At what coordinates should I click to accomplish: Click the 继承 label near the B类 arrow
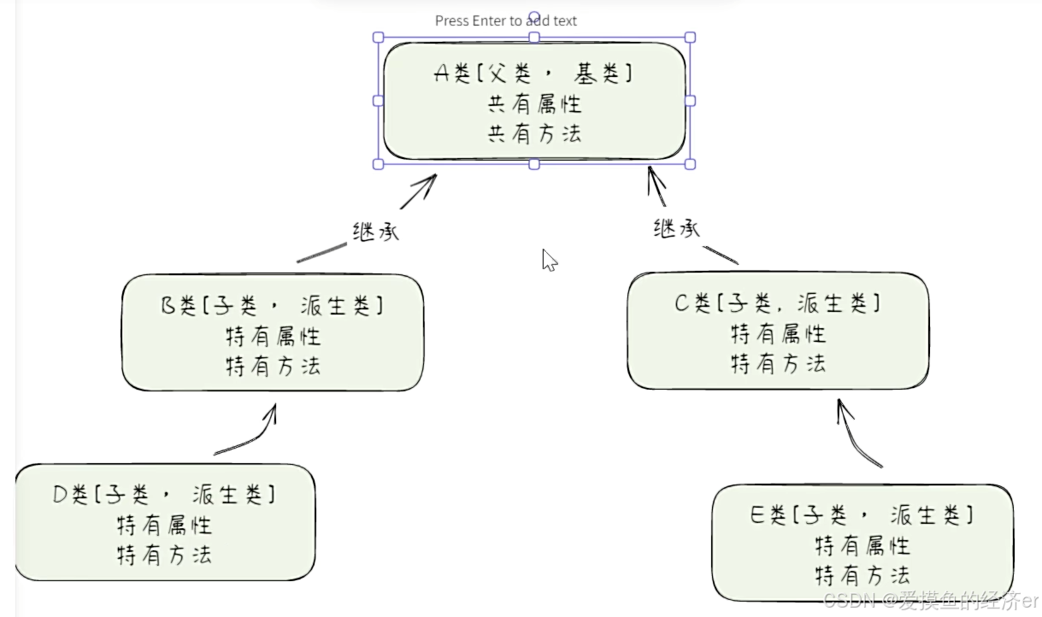[x=375, y=232]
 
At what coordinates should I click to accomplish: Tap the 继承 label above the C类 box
[x=676, y=228]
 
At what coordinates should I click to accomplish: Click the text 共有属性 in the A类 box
[x=534, y=104]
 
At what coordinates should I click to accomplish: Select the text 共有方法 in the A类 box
[x=534, y=133]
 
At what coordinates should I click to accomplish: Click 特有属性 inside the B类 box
[x=273, y=335]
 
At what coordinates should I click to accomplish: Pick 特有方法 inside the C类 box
[x=778, y=363]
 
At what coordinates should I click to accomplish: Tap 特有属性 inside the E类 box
[x=862, y=544]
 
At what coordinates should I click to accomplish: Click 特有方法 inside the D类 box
[x=165, y=555]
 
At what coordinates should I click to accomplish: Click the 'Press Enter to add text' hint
[x=506, y=21]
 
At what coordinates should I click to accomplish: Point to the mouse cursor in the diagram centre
[x=549, y=260]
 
